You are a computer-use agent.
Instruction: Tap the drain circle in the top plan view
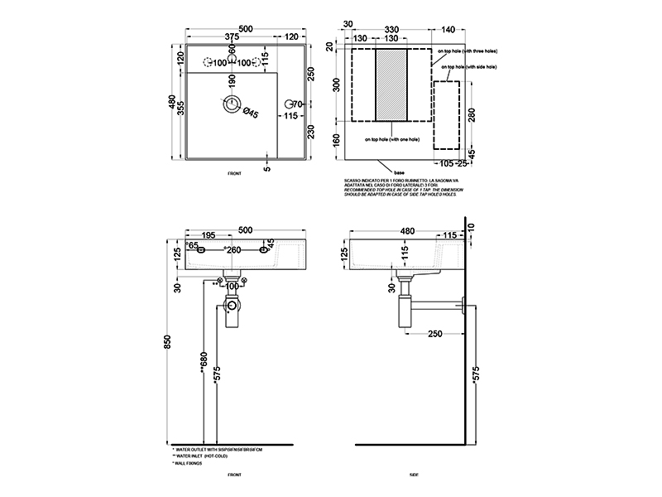point(232,104)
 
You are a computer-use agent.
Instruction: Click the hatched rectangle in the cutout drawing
point(392,84)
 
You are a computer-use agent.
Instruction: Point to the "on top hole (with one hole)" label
point(391,139)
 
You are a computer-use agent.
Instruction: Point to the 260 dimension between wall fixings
point(234,250)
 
